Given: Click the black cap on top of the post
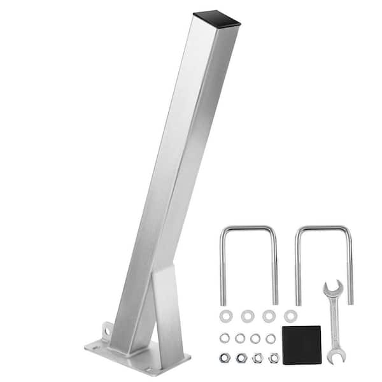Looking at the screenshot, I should [x=216, y=18].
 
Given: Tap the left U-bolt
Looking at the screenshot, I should [x=222, y=267].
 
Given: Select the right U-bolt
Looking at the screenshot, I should [x=297, y=267].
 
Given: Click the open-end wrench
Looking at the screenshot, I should [x=334, y=318].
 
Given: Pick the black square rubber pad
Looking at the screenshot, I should [x=301, y=344].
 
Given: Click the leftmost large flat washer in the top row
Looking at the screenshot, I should [x=225, y=316].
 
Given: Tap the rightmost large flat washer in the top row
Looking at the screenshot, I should [x=290, y=316].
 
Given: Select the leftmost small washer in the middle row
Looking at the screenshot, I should [x=225, y=338].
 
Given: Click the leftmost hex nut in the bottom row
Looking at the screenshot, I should [x=225, y=358].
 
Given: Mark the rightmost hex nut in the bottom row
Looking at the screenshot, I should [x=274, y=358].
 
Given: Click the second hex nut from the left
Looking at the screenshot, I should [x=242, y=358].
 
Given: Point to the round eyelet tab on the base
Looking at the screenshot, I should [x=106, y=331].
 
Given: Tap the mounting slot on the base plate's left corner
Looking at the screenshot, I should [x=95, y=347].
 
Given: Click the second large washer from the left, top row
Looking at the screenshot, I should [x=247, y=316].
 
